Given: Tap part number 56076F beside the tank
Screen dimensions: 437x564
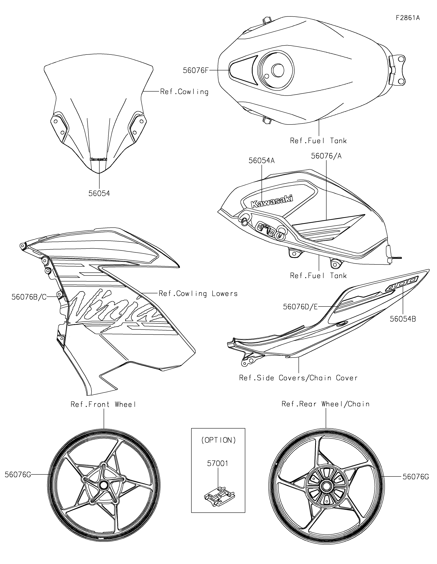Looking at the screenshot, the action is point(195,70).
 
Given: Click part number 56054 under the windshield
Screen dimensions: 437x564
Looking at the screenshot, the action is point(99,193).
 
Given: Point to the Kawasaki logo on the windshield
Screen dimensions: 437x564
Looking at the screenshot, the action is point(98,159).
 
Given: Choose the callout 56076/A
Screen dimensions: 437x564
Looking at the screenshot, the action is point(326,156).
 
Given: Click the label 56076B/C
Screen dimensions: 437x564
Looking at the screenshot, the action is point(29,297).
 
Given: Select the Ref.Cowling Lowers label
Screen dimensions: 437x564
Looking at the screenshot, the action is point(198,294).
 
